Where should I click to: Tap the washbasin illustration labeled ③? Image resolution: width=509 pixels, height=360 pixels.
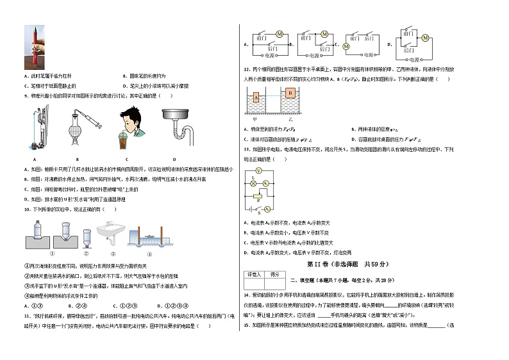coord(110,232)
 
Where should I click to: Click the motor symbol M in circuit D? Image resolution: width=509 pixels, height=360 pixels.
coord(424,38)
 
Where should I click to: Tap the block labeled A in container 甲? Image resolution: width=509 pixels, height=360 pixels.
coord(255,97)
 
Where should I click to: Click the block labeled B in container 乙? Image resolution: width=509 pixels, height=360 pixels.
coord(290,92)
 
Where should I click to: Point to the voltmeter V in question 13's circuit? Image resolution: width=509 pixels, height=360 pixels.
coord(258,171)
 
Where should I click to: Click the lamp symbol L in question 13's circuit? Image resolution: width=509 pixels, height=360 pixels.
coord(253,183)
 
